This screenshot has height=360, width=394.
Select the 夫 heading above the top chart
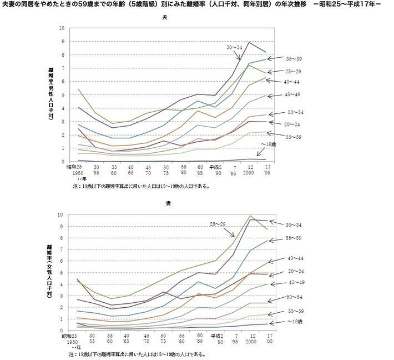click(x=164, y=18)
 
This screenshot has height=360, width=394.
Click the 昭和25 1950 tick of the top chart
click(x=77, y=169)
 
